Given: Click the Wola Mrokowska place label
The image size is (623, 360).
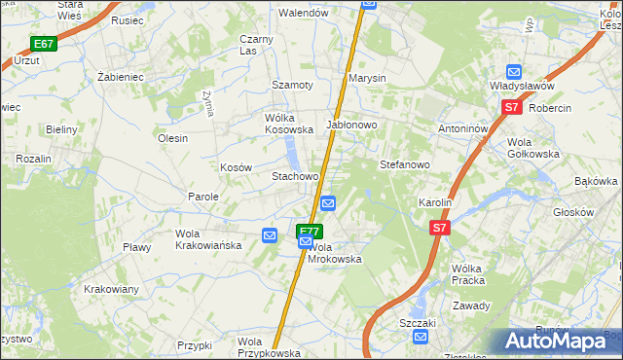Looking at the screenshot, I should pyautogui.click(x=334, y=253).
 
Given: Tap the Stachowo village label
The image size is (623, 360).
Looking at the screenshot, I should pyautogui.click(x=295, y=176).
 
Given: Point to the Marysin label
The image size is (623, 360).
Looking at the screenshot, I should pyautogui.click(x=368, y=78).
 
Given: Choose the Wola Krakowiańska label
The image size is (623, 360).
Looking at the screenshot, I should pyautogui.click(x=208, y=239).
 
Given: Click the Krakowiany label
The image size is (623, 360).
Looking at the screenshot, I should pyautogui.click(x=111, y=289).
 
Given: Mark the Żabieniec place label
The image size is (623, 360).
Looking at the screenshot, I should pyautogui.click(x=121, y=75).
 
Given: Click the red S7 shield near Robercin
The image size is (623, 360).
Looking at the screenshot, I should pyautogui.click(x=513, y=109).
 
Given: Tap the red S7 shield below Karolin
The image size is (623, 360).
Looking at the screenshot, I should pyautogui.click(x=441, y=227).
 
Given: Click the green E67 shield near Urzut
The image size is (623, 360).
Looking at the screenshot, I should pyautogui.click(x=44, y=44).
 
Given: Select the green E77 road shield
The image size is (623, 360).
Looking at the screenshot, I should pyautogui.click(x=309, y=231).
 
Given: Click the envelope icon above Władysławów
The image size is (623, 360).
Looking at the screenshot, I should pyautogui.click(x=514, y=71).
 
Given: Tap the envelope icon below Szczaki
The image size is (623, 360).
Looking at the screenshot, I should pyautogui.click(x=420, y=337).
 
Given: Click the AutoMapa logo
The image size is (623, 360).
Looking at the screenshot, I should pyautogui.click(x=557, y=342).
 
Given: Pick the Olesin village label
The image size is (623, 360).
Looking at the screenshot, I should pyautogui.click(x=172, y=138).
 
